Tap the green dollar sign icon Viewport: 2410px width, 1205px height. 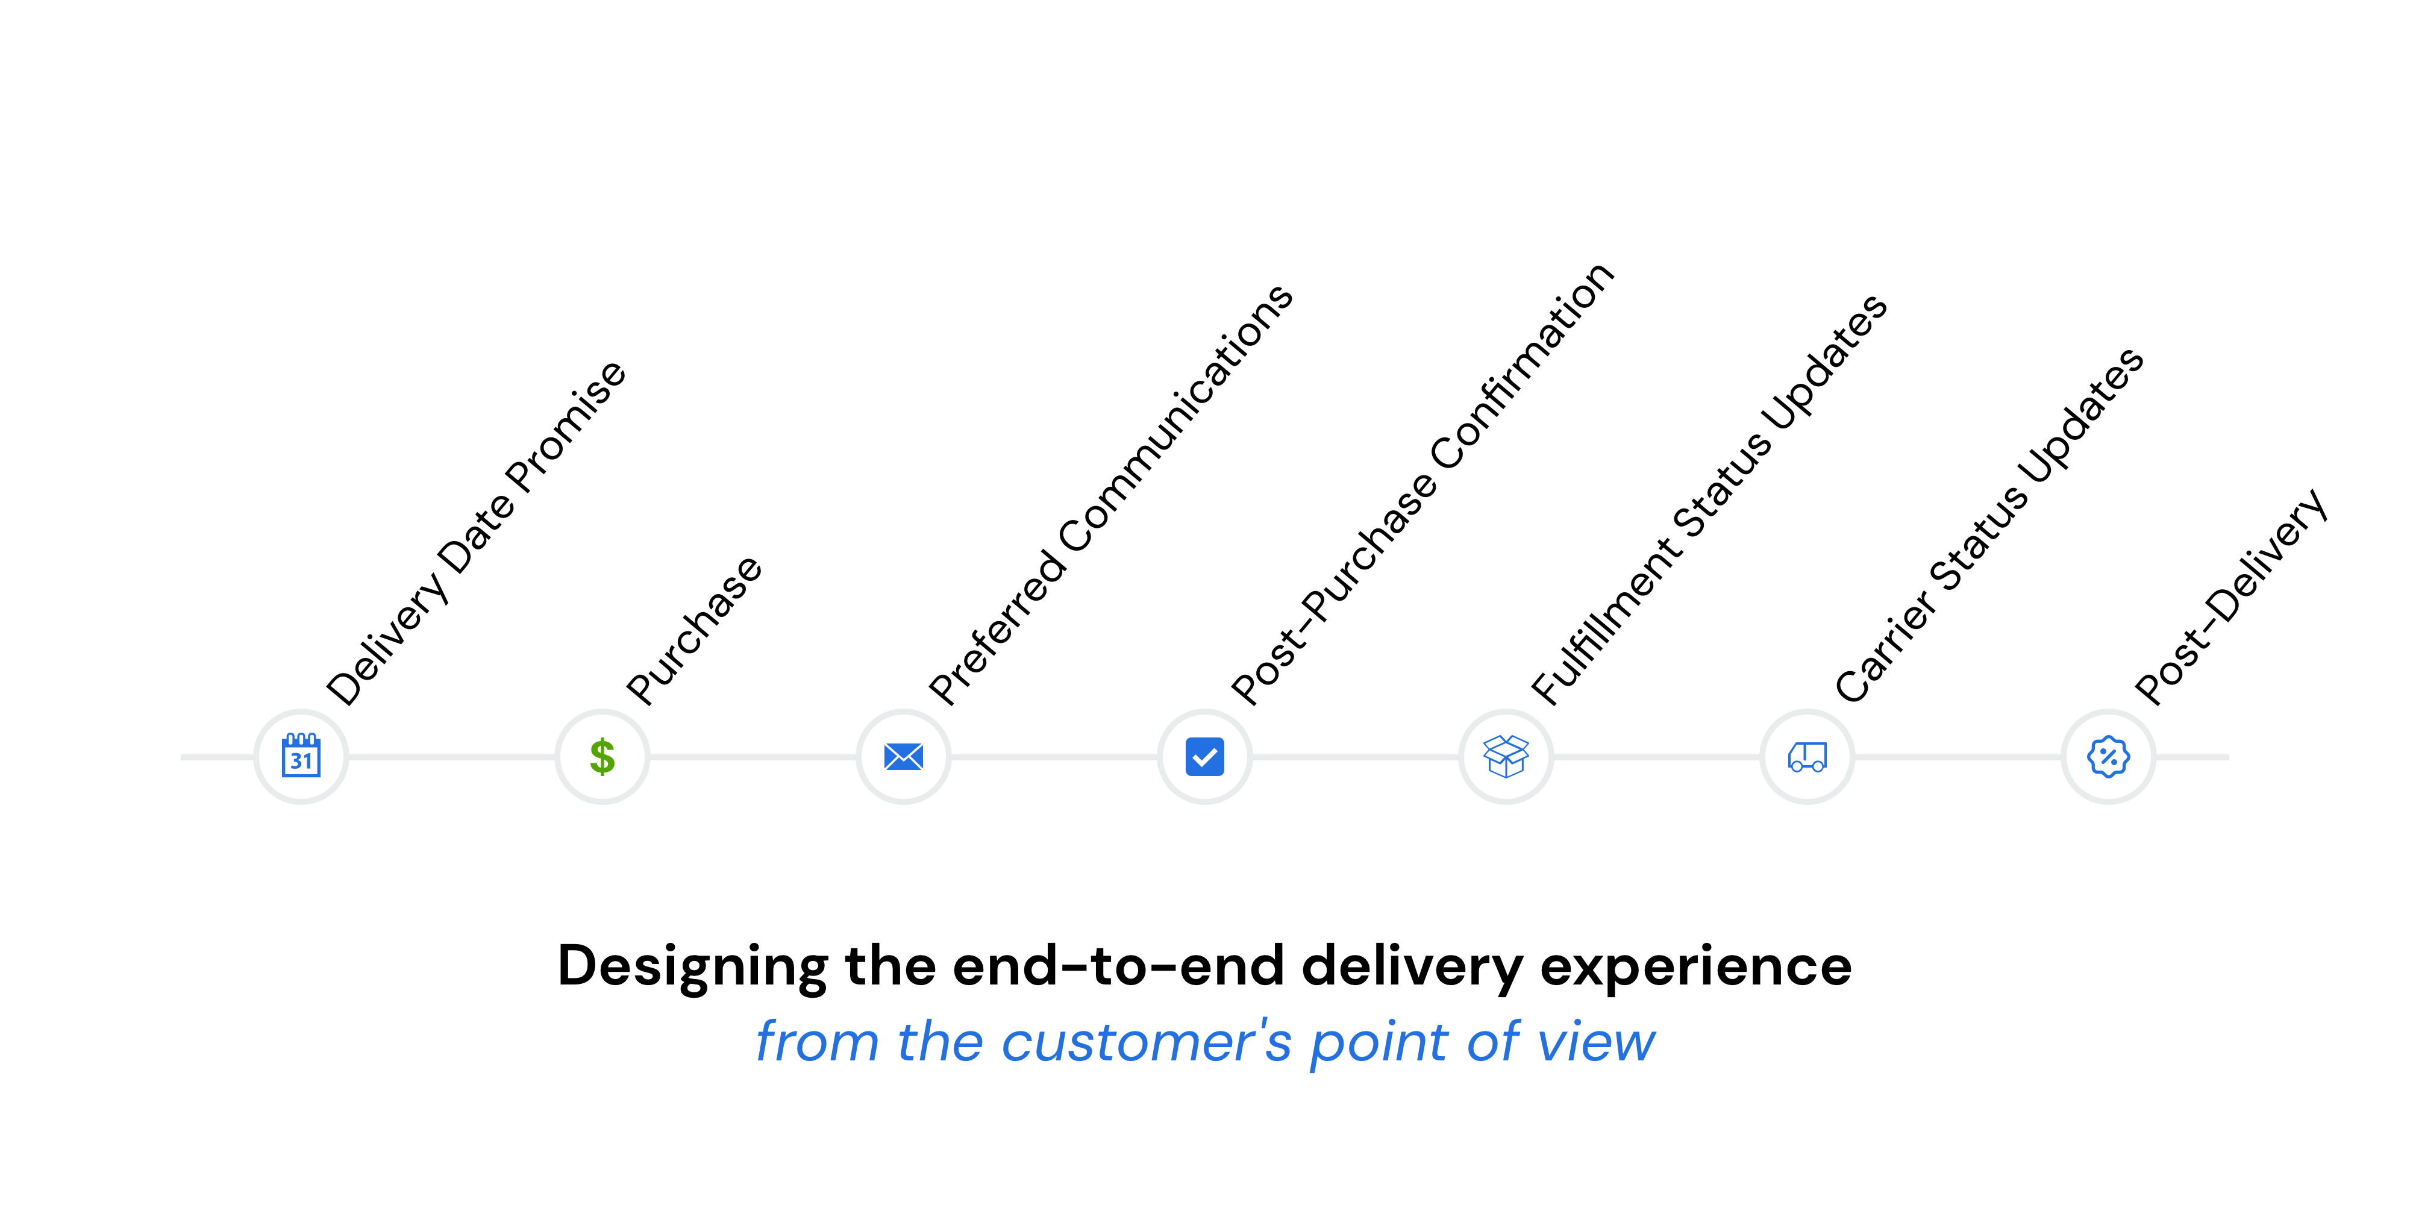(x=602, y=756)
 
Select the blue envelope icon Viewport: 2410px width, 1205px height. (x=904, y=756)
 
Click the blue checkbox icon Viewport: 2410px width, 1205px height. (x=1205, y=756)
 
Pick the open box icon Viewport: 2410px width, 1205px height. (x=1506, y=756)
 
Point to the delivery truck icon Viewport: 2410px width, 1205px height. (x=1807, y=756)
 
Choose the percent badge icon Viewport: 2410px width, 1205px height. (x=2109, y=756)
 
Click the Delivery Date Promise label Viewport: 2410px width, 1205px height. (x=475, y=533)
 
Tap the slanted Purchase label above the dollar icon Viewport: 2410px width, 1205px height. (x=694, y=630)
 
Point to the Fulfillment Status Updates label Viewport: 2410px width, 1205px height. (x=1709, y=499)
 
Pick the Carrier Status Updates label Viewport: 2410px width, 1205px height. (x=1989, y=525)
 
